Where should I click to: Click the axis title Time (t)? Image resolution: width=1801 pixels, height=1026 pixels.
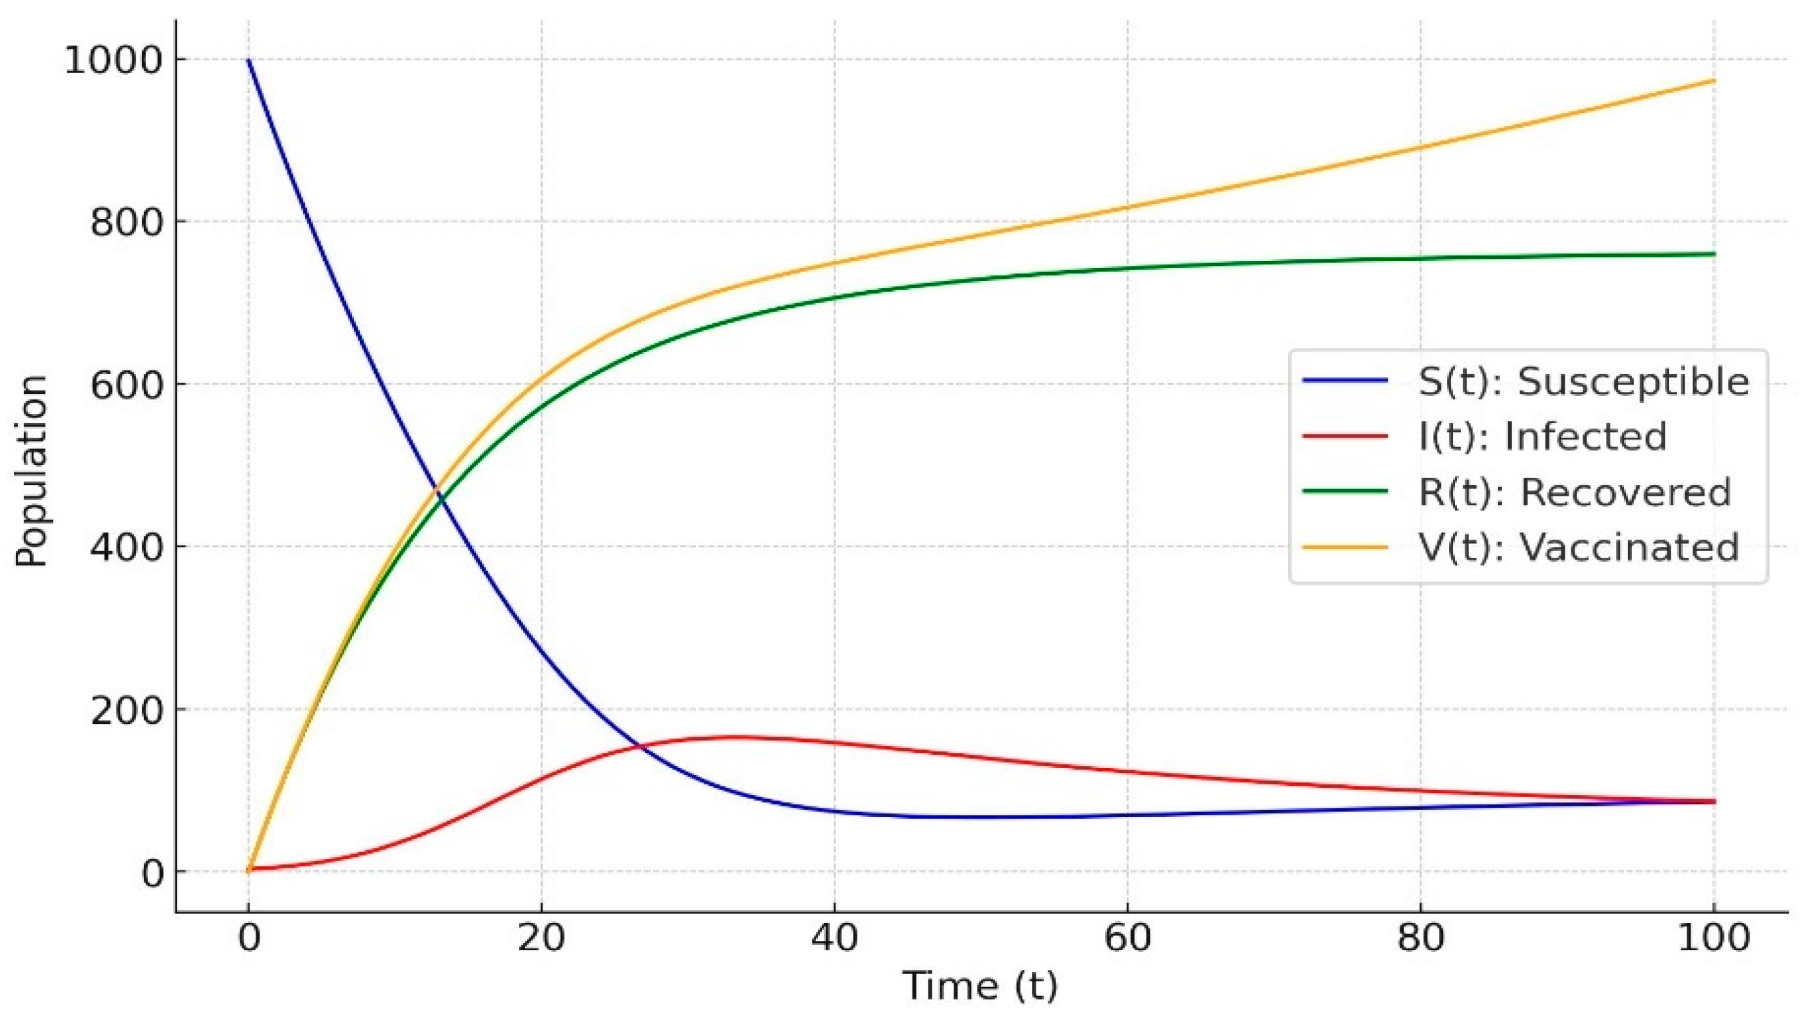click(980, 987)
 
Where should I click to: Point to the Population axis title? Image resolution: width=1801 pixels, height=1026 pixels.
click(32, 470)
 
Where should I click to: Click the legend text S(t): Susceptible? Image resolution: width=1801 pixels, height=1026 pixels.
click(1583, 382)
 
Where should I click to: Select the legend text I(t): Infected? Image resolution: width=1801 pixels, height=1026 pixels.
click(1542, 437)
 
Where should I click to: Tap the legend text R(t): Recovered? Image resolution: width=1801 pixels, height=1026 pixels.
click(1574, 492)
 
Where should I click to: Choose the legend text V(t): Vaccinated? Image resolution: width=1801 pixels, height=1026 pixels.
click(1578, 548)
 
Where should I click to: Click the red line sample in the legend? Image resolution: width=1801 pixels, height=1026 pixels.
click(1345, 437)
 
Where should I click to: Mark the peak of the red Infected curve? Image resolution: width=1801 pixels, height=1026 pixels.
click(733, 737)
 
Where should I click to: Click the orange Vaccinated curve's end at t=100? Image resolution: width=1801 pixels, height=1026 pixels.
click(1714, 81)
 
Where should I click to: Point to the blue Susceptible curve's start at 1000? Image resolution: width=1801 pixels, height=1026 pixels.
click(248, 61)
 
